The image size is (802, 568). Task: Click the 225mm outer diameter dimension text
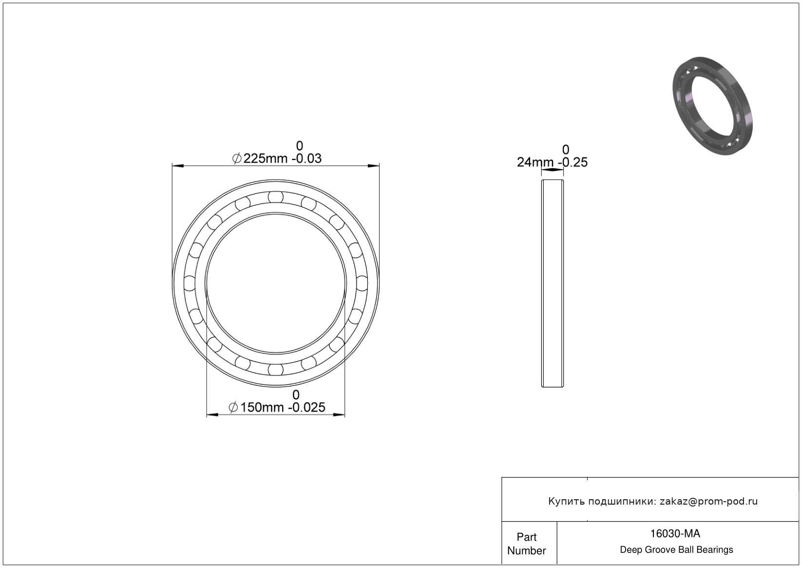point(266,158)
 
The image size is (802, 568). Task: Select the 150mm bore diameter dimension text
point(262,408)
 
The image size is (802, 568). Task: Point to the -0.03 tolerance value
point(306,158)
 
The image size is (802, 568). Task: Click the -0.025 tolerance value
point(307,408)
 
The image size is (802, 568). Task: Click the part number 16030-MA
point(675,533)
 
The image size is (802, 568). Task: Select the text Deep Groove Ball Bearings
point(676,550)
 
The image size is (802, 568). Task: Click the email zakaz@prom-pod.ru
point(708,501)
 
